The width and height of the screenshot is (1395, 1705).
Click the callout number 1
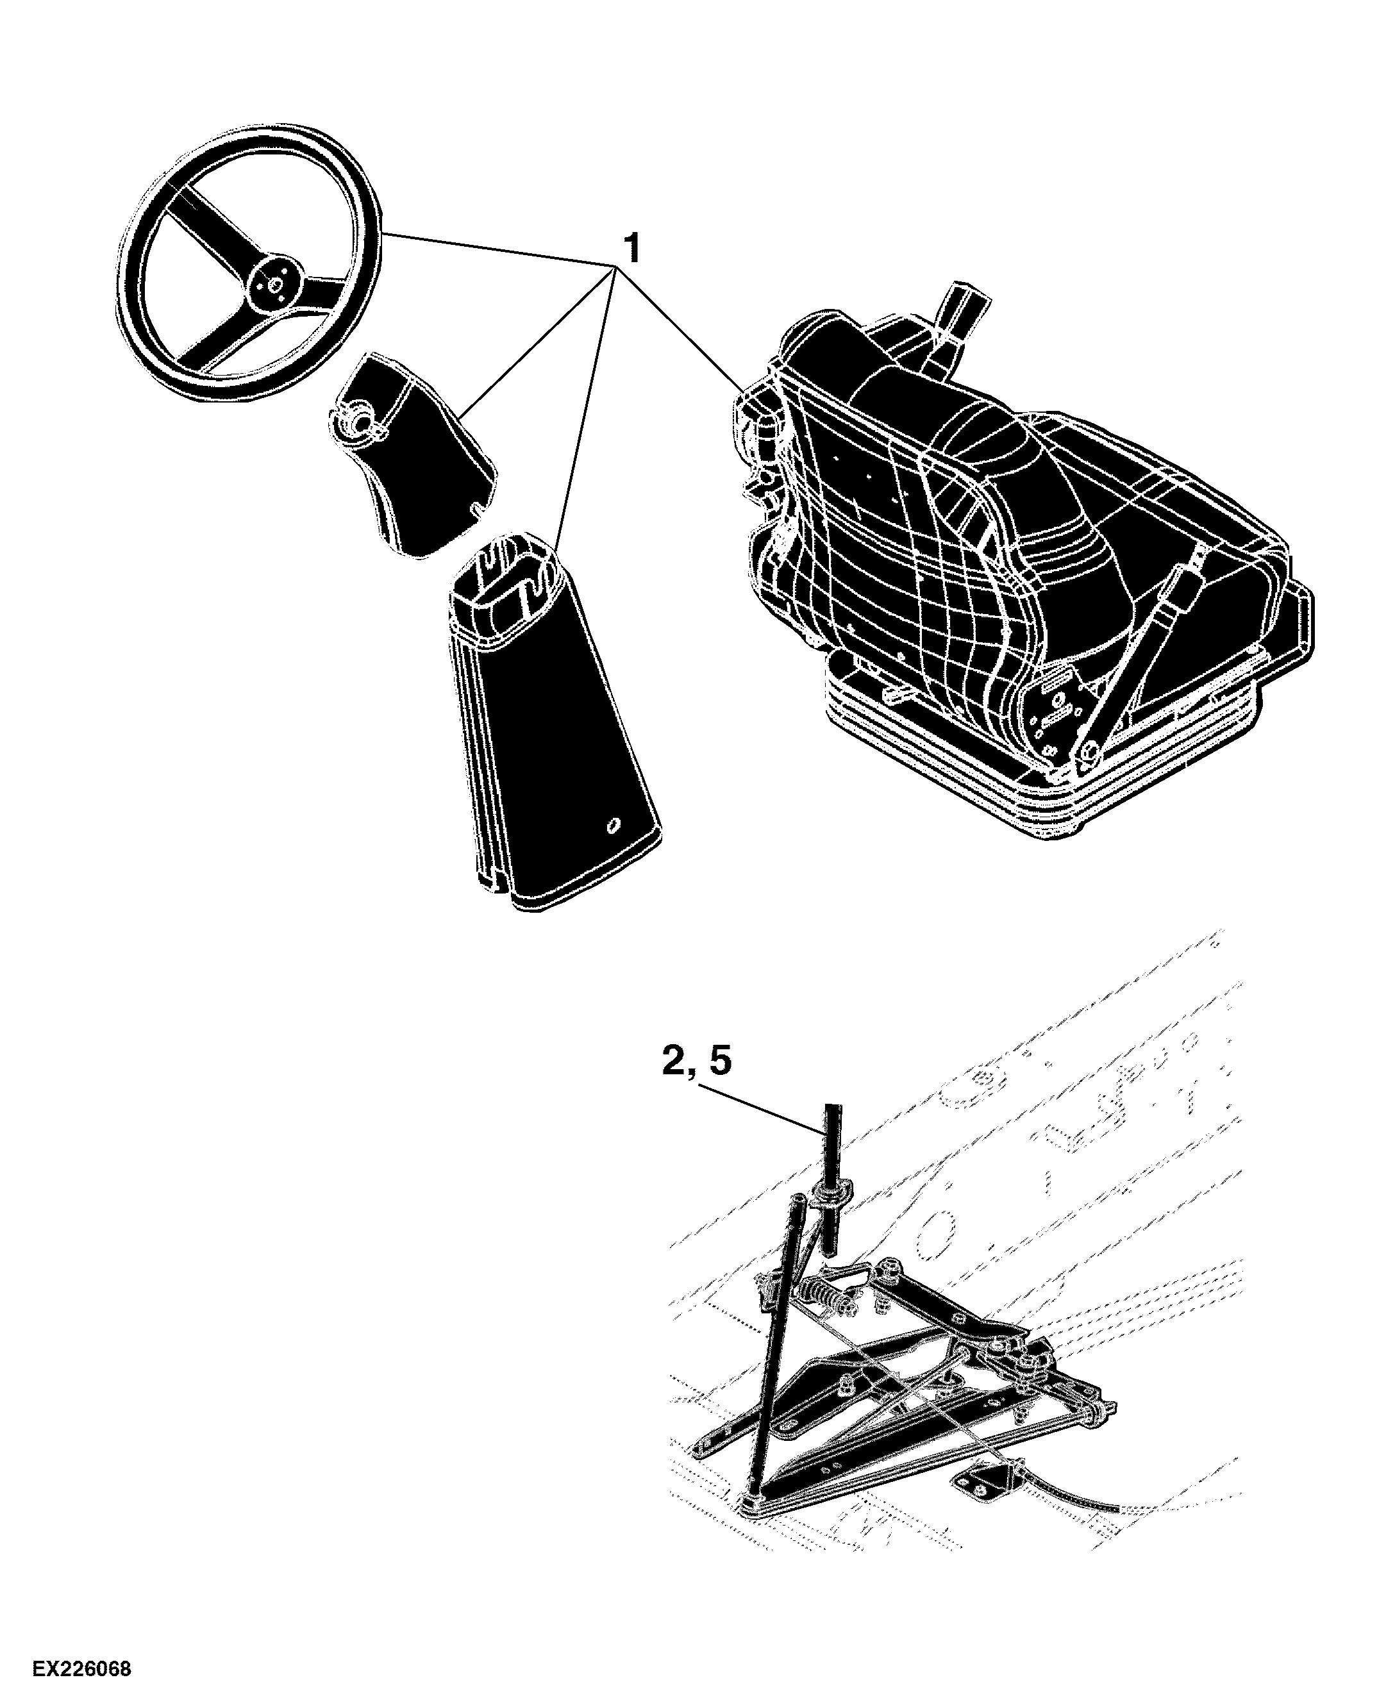pos(634,249)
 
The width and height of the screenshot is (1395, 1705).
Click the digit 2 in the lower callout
pos(675,1062)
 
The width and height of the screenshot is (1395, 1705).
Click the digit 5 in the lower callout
pos(720,1061)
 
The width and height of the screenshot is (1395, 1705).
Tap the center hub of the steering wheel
pos(274,283)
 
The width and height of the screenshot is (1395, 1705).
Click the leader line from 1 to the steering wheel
pos(499,249)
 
